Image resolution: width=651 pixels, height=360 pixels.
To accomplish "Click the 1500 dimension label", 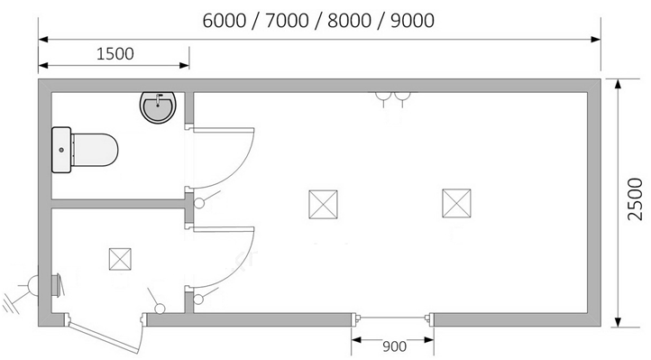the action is point(115,54).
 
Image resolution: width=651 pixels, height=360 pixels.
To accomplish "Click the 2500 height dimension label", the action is point(636,199).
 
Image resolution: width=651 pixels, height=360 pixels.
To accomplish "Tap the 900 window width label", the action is point(394,346).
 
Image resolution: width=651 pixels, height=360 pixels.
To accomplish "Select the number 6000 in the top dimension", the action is point(225,21).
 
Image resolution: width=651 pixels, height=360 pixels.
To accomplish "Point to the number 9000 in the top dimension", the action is point(412,21).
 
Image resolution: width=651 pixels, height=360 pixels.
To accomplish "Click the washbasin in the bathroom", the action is point(158,107).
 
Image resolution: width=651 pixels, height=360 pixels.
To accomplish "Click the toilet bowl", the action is point(95,150).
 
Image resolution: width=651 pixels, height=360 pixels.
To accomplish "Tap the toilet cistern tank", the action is point(61,150).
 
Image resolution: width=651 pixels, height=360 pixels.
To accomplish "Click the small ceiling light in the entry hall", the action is point(120,259).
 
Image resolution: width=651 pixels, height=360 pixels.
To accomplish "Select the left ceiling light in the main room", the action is point(323,204).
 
